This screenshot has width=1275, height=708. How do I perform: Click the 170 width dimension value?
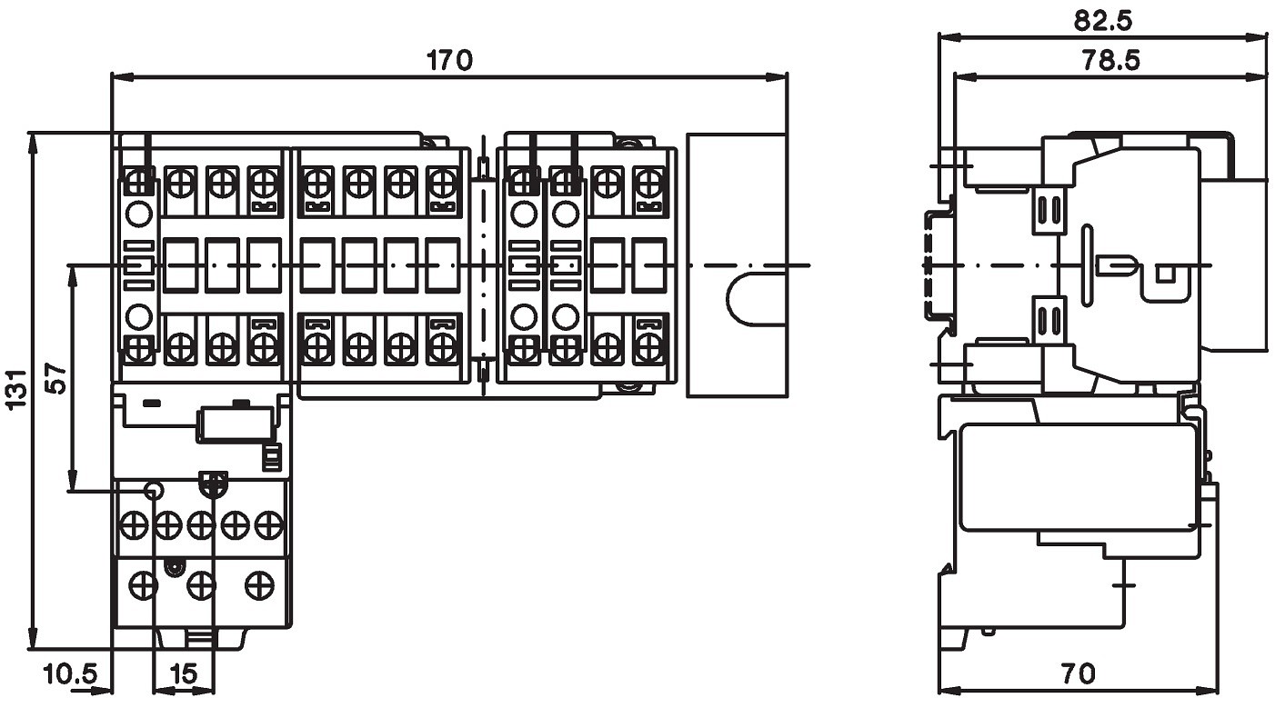tap(449, 60)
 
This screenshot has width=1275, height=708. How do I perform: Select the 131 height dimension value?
tap(16, 388)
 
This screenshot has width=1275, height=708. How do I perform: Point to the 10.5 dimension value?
tap(71, 674)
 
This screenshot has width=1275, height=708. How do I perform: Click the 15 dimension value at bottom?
tap(184, 674)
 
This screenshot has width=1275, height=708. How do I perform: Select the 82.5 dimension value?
tap(1103, 21)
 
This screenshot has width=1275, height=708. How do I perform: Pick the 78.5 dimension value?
tap(1111, 60)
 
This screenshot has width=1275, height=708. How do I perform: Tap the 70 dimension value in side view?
tap(1078, 674)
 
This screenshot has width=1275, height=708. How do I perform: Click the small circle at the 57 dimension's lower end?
tap(153, 490)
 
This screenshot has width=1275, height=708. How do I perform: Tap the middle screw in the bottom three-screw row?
tap(201, 585)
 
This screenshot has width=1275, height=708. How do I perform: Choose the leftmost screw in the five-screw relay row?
tap(133, 525)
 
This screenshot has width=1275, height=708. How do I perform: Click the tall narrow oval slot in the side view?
tap(1087, 265)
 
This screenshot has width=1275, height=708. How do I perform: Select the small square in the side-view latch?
tap(1165, 274)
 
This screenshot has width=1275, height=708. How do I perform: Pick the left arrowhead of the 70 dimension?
tap(949, 692)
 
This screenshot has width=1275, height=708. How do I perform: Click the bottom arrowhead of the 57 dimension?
tap(72, 479)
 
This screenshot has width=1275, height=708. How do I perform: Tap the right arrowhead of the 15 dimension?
tap(205, 692)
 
